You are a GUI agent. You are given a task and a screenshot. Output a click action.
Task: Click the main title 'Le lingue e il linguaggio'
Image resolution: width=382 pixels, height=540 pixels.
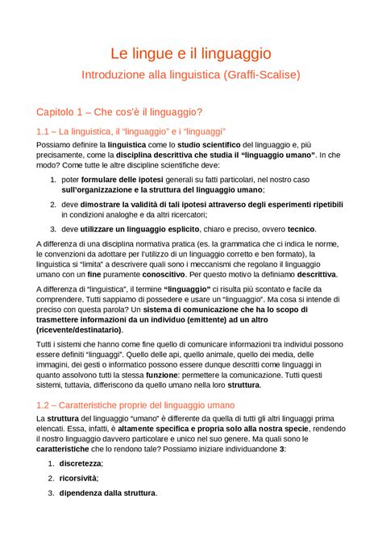[190, 55]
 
